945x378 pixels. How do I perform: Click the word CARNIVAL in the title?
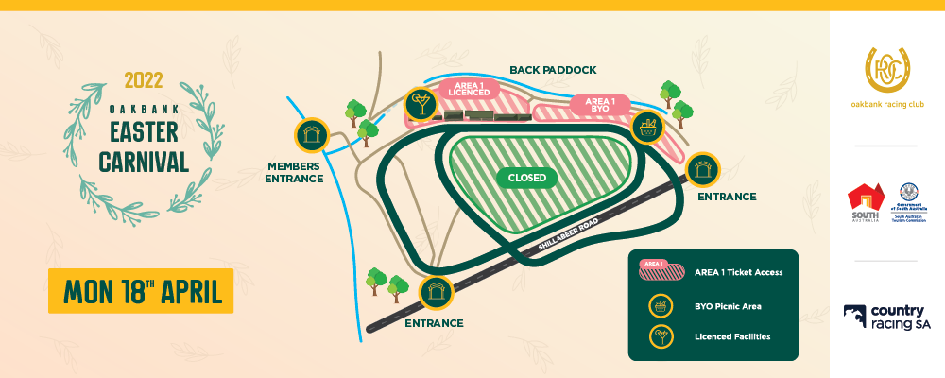pyautogui.click(x=144, y=161)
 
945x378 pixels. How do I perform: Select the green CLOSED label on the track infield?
pyautogui.click(x=526, y=177)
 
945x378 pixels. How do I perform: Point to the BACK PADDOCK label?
pyautogui.click(x=553, y=70)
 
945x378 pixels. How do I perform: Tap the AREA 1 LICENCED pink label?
pyautogui.click(x=468, y=89)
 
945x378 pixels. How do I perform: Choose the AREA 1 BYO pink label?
pyautogui.click(x=601, y=105)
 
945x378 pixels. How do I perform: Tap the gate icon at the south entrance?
pyautogui.click(x=436, y=293)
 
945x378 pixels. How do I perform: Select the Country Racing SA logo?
pyautogui.click(x=886, y=318)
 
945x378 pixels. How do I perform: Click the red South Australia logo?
pyautogui.click(x=866, y=201)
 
